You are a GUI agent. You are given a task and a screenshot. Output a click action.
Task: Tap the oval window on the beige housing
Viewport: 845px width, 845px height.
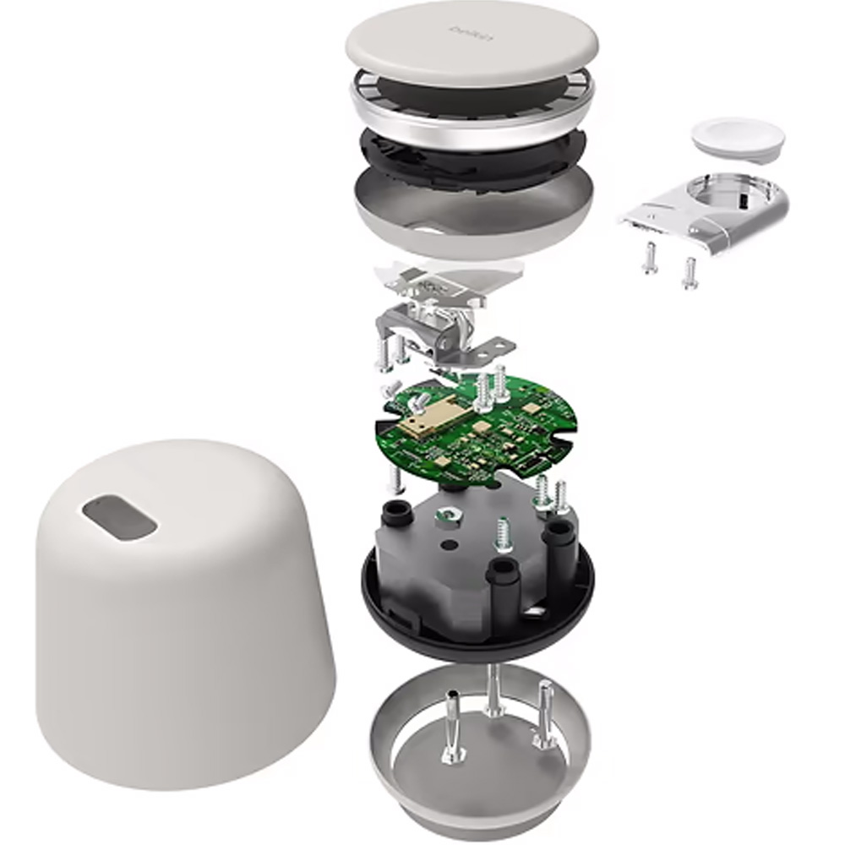point(119,516)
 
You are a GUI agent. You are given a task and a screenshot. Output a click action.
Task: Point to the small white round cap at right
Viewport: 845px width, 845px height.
point(737,135)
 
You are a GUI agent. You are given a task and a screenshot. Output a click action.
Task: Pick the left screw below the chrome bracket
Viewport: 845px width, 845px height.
point(649,257)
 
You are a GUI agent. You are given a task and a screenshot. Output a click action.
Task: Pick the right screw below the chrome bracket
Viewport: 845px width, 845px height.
point(689,272)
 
